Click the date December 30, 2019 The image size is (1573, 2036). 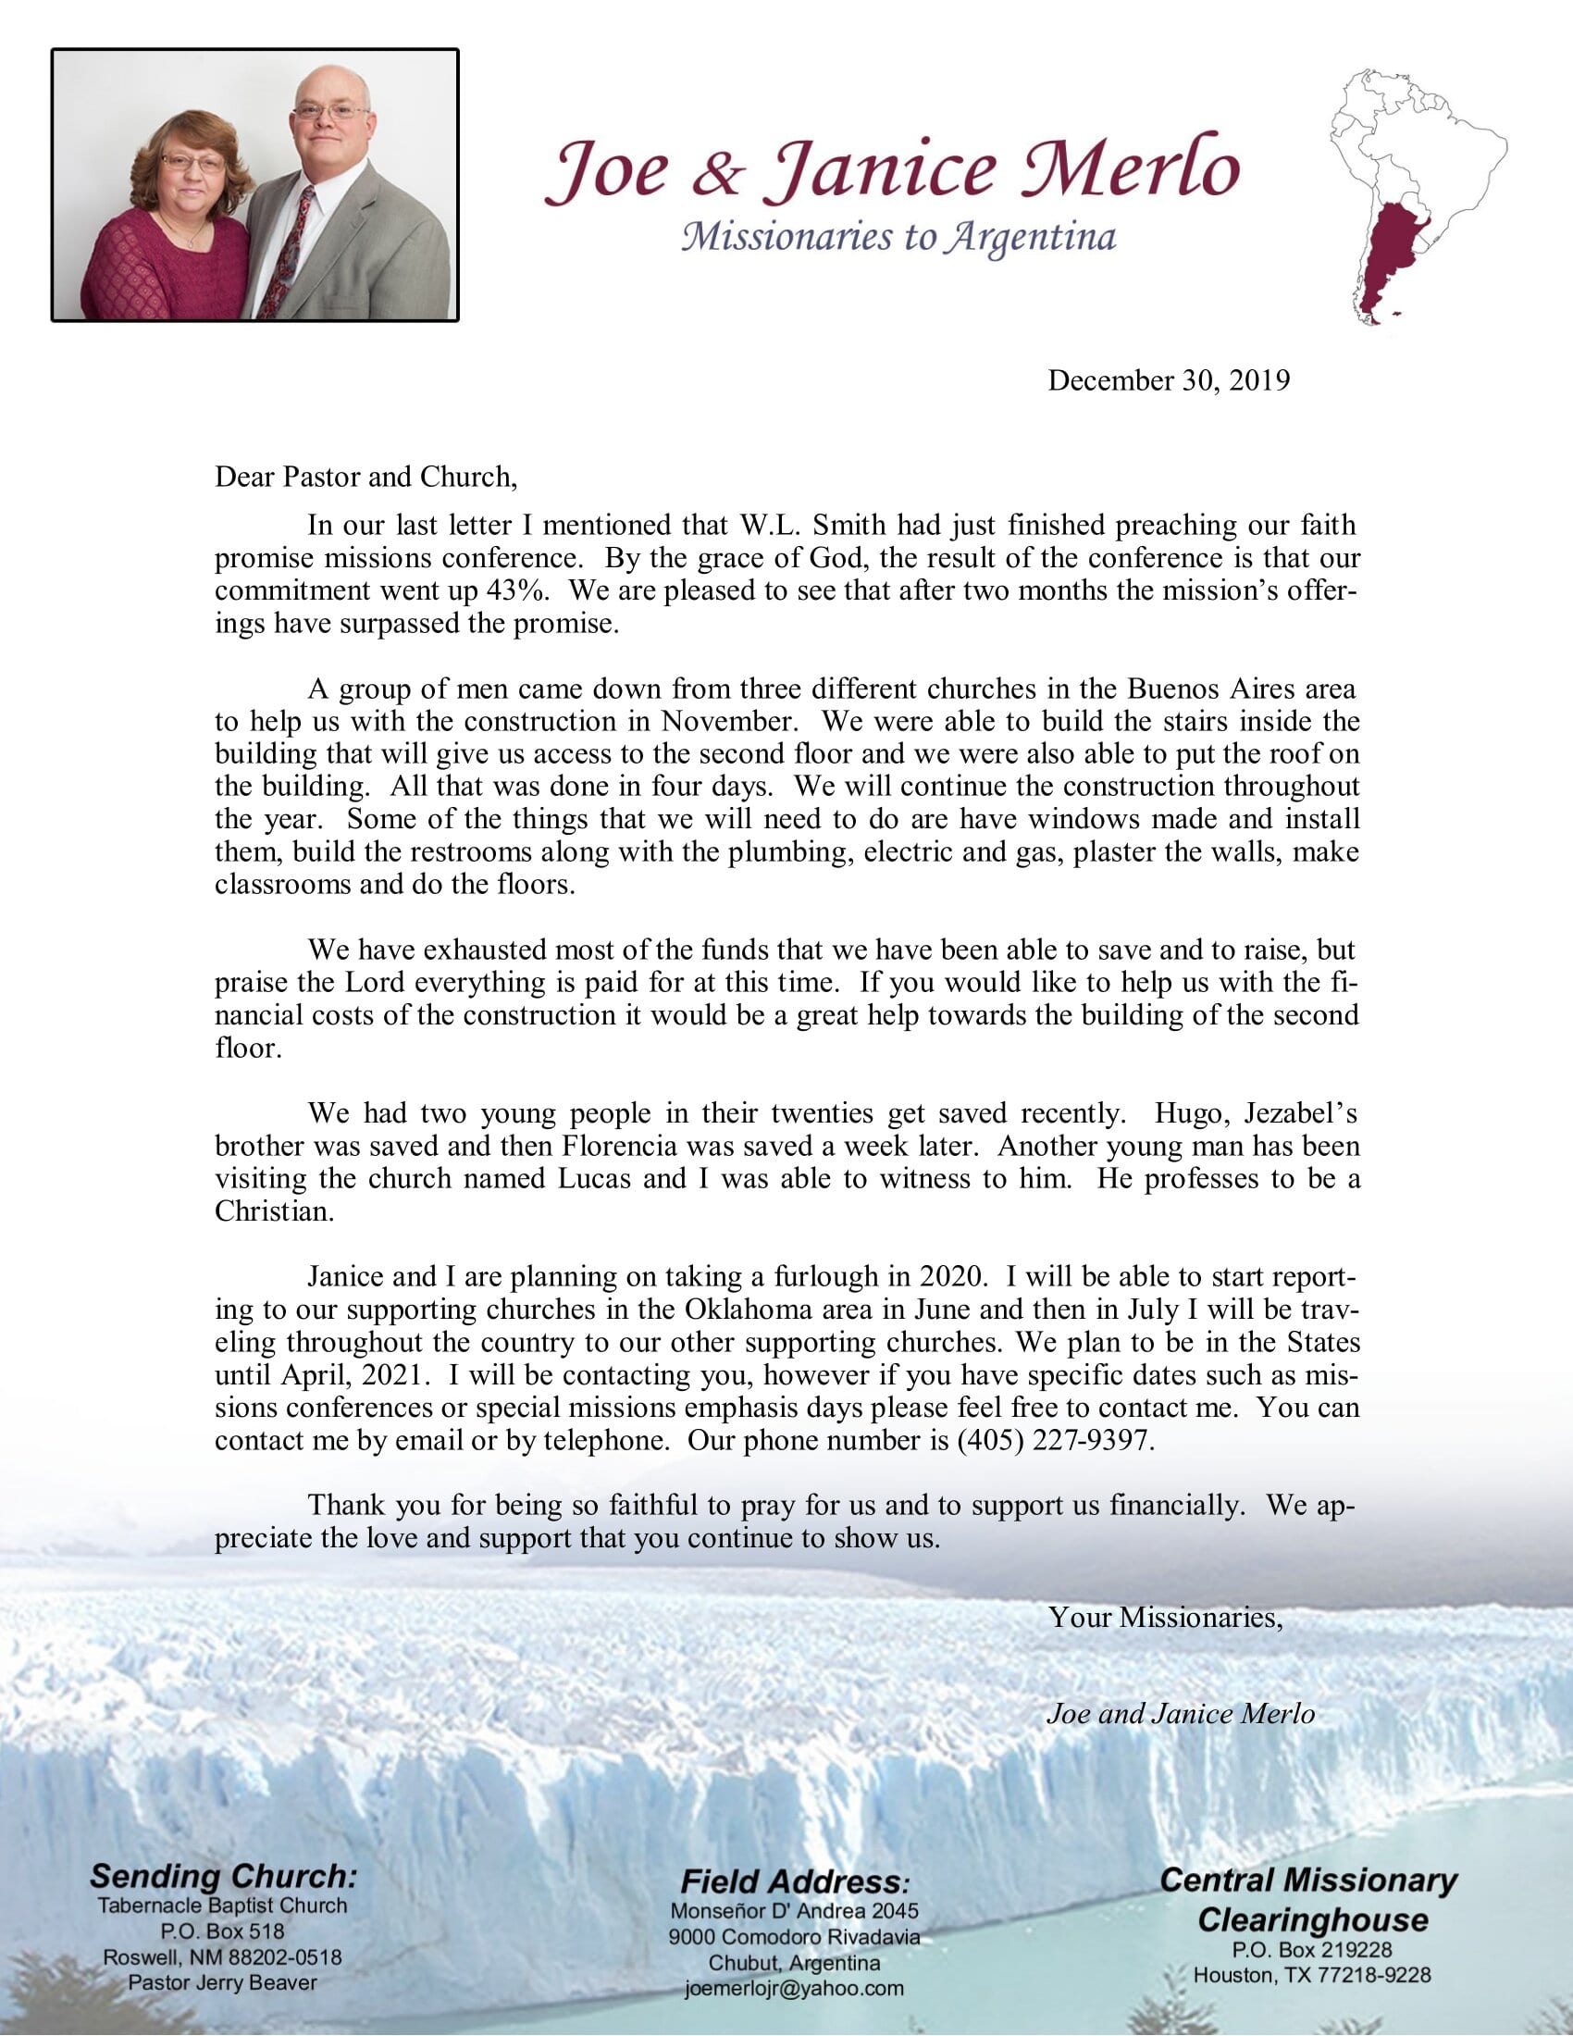(1169, 380)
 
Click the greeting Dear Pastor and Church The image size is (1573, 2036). (365, 478)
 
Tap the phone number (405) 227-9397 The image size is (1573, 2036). (1056, 1440)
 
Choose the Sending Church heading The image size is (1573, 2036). (223, 1875)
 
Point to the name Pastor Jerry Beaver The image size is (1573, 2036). (223, 1982)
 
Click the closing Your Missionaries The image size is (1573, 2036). (1166, 1618)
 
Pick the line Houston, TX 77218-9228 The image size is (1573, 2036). (1312, 1975)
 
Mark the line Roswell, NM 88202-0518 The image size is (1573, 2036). (223, 1956)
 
